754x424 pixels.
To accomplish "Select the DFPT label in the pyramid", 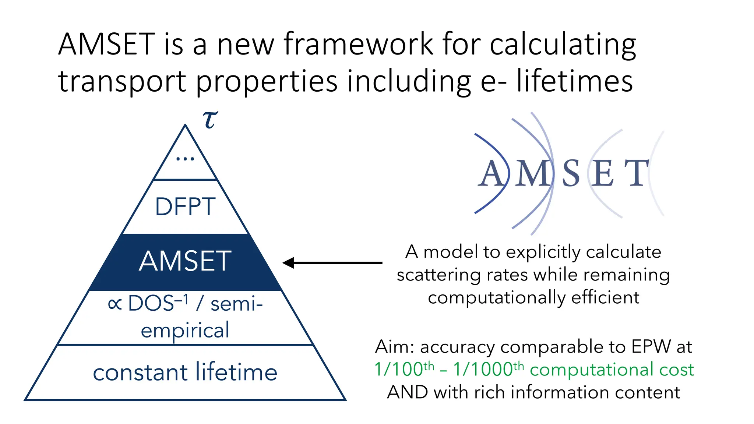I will pos(185,206).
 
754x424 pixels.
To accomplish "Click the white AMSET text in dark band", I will pos(185,261).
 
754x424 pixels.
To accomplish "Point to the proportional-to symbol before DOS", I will pos(115,304).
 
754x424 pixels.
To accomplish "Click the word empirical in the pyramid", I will pos(185,330).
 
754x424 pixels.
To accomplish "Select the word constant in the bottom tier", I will pos(140,372).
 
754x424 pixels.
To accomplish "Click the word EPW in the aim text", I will pos(651,346).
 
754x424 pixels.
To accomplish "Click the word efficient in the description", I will pos(605,297).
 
